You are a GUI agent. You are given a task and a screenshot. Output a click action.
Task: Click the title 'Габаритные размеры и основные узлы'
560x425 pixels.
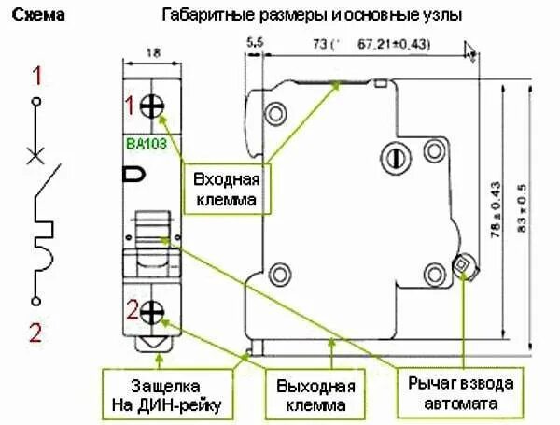312,16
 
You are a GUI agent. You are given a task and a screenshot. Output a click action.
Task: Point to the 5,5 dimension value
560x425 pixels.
255,43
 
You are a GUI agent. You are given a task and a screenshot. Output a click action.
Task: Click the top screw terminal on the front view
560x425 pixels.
152,106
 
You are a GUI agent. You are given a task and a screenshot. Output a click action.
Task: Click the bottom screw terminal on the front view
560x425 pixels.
152,312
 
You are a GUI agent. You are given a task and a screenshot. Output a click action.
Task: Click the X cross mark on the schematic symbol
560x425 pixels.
36,155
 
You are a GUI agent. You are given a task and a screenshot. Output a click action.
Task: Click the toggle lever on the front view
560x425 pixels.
151,228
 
